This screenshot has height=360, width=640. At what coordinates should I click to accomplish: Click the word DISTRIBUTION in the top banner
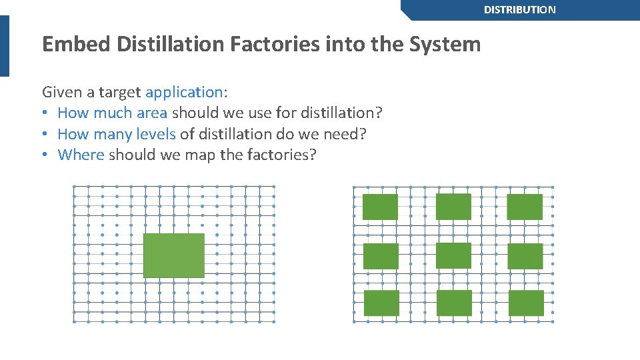pos(519,10)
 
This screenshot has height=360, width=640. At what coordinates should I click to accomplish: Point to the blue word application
pos(183,92)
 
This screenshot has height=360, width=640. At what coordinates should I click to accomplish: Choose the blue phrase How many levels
pos(116,134)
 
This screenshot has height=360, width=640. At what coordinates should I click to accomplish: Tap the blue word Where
pos(81,155)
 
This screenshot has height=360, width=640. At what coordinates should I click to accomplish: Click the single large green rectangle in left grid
pos(174,255)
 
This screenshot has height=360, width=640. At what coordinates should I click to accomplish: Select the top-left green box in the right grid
pos(380,207)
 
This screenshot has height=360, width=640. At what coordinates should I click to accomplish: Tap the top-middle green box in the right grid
pos(453,207)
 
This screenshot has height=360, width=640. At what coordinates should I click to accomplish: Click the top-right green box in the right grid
pos(525,207)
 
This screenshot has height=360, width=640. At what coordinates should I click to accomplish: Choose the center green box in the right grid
pos(453,256)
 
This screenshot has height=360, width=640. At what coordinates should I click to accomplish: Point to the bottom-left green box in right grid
pos(381,303)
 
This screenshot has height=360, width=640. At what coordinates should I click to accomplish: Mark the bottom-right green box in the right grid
pos(526,303)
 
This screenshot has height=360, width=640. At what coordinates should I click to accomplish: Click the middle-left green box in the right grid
pos(381,257)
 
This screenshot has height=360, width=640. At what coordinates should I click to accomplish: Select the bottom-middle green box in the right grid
pos(454,303)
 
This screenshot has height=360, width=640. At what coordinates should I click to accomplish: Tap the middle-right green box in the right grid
pos(525,257)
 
